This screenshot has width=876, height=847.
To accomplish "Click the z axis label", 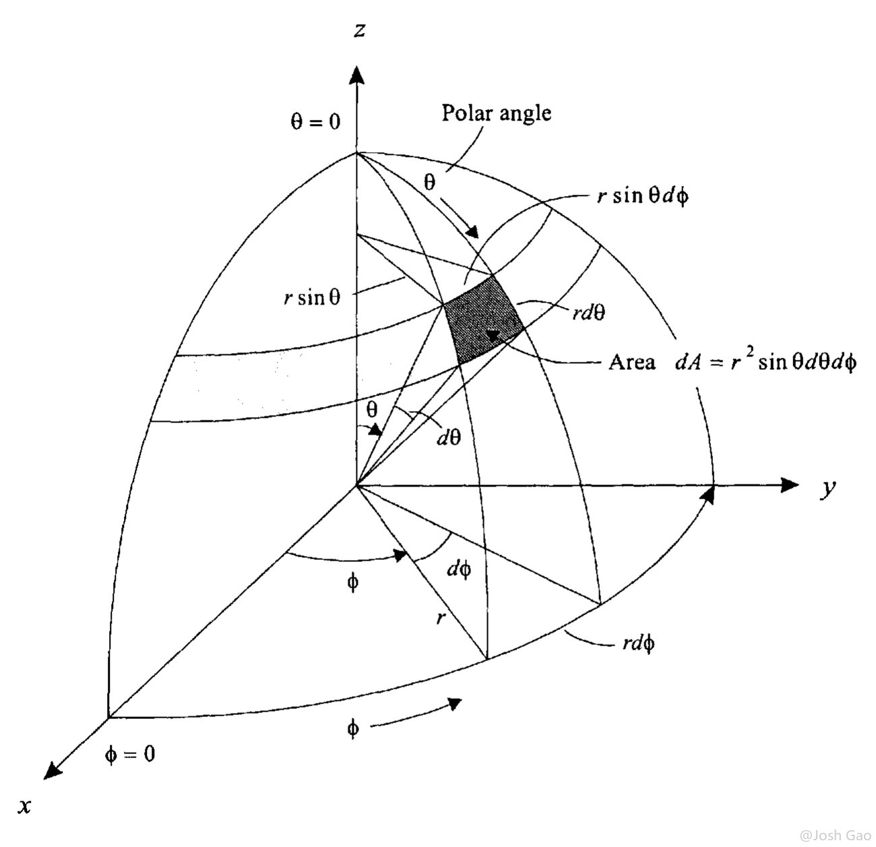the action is (359, 30).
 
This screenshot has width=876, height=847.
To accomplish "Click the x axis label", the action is (25, 806).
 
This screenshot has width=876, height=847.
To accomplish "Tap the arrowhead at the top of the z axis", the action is (357, 75).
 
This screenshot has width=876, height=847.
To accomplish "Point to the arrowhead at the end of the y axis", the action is (789, 484).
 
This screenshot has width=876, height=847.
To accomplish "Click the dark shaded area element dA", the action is (484, 320).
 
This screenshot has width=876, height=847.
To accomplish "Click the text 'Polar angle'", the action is (496, 113).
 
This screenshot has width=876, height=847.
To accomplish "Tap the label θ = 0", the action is (315, 121).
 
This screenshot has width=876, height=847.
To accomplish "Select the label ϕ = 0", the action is (129, 753).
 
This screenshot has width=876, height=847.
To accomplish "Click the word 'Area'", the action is (632, 362).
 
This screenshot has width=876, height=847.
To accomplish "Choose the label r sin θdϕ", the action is (643, 196).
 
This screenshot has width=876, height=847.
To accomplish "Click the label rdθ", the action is (589, 312).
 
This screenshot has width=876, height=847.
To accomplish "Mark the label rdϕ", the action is (639, 644).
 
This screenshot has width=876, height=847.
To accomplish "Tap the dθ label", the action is (449, 437).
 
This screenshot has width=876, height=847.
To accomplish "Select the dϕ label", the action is (459, 570).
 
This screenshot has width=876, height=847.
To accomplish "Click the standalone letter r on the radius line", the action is (441, 619).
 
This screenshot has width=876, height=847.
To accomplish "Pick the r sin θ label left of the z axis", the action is (312, 297).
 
